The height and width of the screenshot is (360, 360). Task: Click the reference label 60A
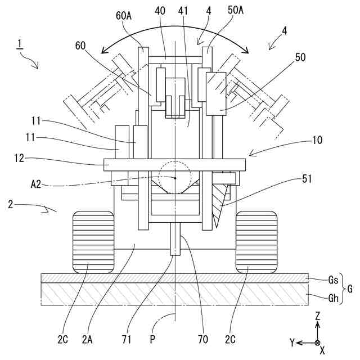point(124,16)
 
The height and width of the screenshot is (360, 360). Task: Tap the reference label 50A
point(236,10)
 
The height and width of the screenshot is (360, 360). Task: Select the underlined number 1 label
point(20,44)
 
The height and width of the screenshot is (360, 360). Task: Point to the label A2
point(36,184)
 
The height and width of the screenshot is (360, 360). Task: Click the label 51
point(307,179)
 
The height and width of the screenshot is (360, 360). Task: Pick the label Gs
point(333,280)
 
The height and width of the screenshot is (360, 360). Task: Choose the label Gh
point(334,298)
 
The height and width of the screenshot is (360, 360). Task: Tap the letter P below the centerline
point(152,339)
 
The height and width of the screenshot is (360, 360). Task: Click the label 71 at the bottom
point(127,339)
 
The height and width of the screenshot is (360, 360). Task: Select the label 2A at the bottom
point(87,339)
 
